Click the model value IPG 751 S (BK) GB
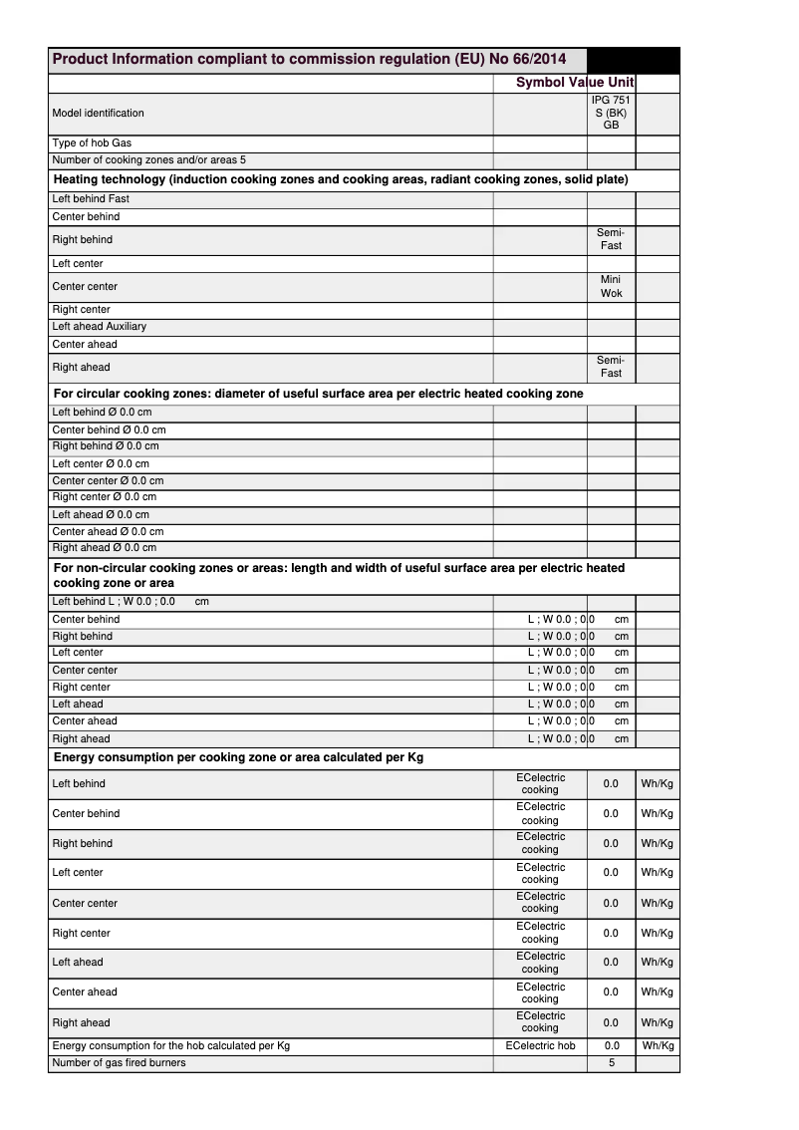click(611, 114)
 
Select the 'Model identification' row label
click(98, 114)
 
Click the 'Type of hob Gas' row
click(92, 143)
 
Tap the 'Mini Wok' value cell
click(611, 287)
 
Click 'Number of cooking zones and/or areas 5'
click(148, 160)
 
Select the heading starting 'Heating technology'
click(340, 180)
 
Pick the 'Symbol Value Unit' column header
click(575, 83)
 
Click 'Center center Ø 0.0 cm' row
click(108, 481)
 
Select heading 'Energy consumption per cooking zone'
click(238, 758)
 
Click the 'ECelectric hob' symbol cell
click(540, 1046)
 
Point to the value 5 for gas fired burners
click(612, 1063)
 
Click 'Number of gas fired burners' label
click(119, 1063)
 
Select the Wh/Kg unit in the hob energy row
click(658, 1046)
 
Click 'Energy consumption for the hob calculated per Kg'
click(170, 1046)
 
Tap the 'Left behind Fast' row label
click(91, 199)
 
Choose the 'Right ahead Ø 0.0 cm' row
click(104, 548)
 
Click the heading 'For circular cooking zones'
click(318, 395)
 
